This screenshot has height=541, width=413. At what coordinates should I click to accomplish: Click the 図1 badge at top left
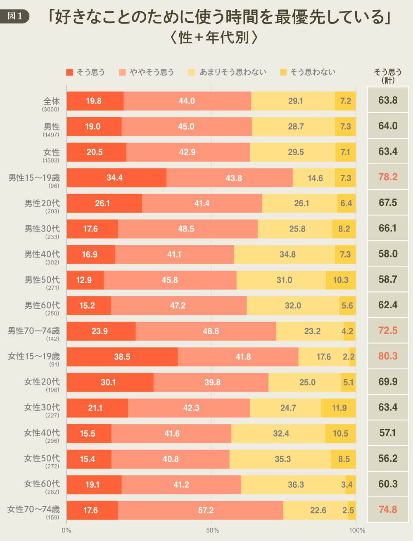point(15,16)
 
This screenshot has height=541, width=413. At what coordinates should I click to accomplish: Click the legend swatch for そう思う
point(69,72)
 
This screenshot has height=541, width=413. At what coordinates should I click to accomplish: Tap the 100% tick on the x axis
point(357,530)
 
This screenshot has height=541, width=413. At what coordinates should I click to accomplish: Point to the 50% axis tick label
point(212,530)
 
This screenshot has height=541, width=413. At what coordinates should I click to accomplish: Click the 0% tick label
point(66,530)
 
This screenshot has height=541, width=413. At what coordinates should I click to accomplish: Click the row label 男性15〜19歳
point(34,178)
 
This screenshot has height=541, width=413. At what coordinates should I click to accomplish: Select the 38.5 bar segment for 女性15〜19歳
point(122,357)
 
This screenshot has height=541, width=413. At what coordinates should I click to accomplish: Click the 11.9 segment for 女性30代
point(339,408)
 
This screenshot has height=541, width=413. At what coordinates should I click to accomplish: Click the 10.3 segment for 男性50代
point(341,280)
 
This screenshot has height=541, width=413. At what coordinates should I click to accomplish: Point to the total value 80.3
point(388,356)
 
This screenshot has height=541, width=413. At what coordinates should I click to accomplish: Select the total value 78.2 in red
point(388,177)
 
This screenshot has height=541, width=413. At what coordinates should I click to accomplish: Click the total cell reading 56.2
point(388,458)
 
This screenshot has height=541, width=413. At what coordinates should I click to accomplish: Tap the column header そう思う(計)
point(388,76)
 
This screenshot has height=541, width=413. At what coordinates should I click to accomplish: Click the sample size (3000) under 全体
point(50,109)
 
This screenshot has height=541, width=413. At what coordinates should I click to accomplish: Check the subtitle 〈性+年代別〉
point(214,38)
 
